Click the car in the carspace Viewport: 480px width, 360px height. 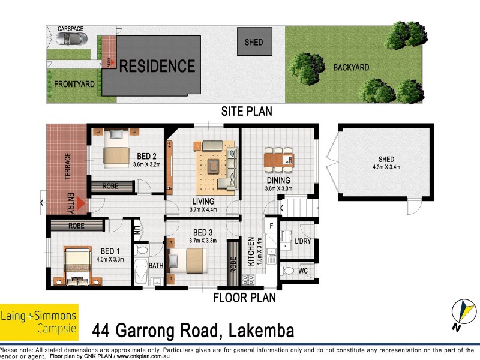pyautogui.click(x=70, y=40)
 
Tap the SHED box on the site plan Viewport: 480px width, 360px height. pyautogui.click(x=254, y=43)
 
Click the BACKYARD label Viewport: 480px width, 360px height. pyautogui.click(x=351, y=68)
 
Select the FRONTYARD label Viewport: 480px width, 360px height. pyautogui.click(x=74, y=85)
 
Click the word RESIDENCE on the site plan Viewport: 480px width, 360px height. pyautogui.click(x=157, y=66)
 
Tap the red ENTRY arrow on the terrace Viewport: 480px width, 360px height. pyautogui.click(x=80, y=205)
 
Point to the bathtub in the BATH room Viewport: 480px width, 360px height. pyautogui.click(x=140, y=274)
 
